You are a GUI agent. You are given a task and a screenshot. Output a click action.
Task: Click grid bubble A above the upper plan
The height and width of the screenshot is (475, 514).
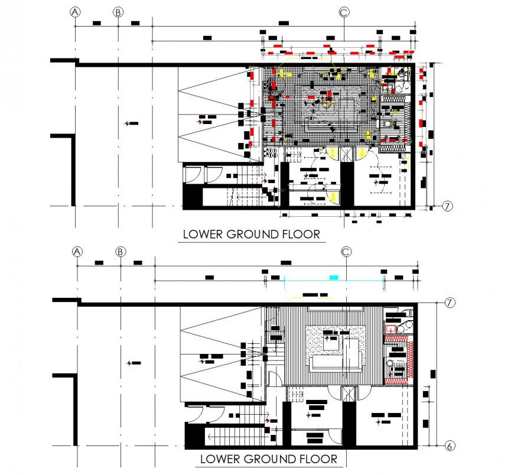(75, 12)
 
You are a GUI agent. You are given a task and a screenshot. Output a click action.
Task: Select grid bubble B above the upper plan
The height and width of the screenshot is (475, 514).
(118, 12)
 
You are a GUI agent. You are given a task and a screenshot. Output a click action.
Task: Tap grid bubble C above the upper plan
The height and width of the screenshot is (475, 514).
(344, 12)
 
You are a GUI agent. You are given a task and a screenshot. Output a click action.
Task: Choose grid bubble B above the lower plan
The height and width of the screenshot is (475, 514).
(121, 252)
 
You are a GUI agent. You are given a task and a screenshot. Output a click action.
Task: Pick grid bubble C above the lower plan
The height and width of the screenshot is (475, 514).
(346, 252)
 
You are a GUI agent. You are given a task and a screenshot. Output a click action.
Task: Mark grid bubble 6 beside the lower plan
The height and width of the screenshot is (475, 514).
(449, 445)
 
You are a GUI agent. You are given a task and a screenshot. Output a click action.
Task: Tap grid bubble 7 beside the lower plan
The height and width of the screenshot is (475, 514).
(449, 303)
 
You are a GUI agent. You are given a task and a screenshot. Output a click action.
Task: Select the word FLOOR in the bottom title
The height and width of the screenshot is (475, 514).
(316, 459)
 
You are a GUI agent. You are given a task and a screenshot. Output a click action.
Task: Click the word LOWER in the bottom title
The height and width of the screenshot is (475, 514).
(217, 459)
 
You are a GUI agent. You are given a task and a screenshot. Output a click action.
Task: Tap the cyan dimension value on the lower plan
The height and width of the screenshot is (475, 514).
(334, 277)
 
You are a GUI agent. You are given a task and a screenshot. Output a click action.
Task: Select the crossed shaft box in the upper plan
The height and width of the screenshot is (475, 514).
(346, 154)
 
